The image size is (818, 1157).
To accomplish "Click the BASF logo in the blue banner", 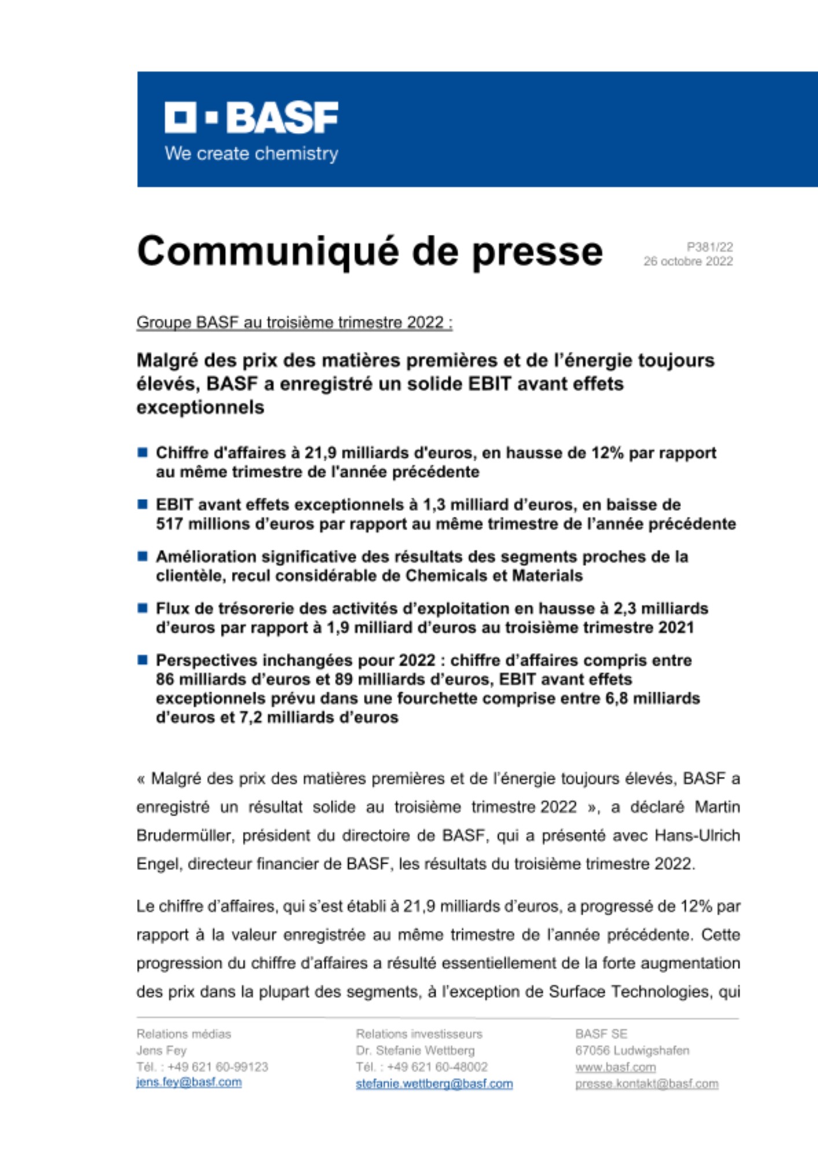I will (x=251, y=117).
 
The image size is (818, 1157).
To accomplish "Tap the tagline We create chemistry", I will (x=251, y=154).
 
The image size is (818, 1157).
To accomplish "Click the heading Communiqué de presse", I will (x=370, y=252).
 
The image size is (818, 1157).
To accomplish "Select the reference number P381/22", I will (x=710, y=247).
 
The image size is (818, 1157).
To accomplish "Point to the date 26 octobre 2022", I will (x=688, y=261).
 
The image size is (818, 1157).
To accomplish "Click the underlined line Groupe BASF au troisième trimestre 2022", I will (x=294, y=322).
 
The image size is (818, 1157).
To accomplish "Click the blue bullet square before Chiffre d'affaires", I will (x=142, y=452).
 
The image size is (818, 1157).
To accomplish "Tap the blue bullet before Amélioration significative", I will (x=142, y=557).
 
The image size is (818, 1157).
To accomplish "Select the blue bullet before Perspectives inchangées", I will (x=142, y=660).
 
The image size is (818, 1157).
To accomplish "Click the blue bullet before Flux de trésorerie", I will (x=142, y=608).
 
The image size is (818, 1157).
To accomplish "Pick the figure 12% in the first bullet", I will (x=607, y=453).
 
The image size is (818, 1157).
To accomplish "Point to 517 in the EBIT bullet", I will (x=170, y=524).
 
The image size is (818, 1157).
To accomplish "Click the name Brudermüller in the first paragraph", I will (x=185, y=836).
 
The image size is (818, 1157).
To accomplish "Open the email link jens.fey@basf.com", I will (x=189, y=1082).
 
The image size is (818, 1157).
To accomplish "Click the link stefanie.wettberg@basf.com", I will (x=434, y=1084).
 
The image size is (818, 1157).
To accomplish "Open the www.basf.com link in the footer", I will (x=615, y=1067).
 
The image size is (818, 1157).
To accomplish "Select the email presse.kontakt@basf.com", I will (x=646, y=1084).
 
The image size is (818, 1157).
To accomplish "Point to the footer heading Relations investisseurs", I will (x=419, y=1034).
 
